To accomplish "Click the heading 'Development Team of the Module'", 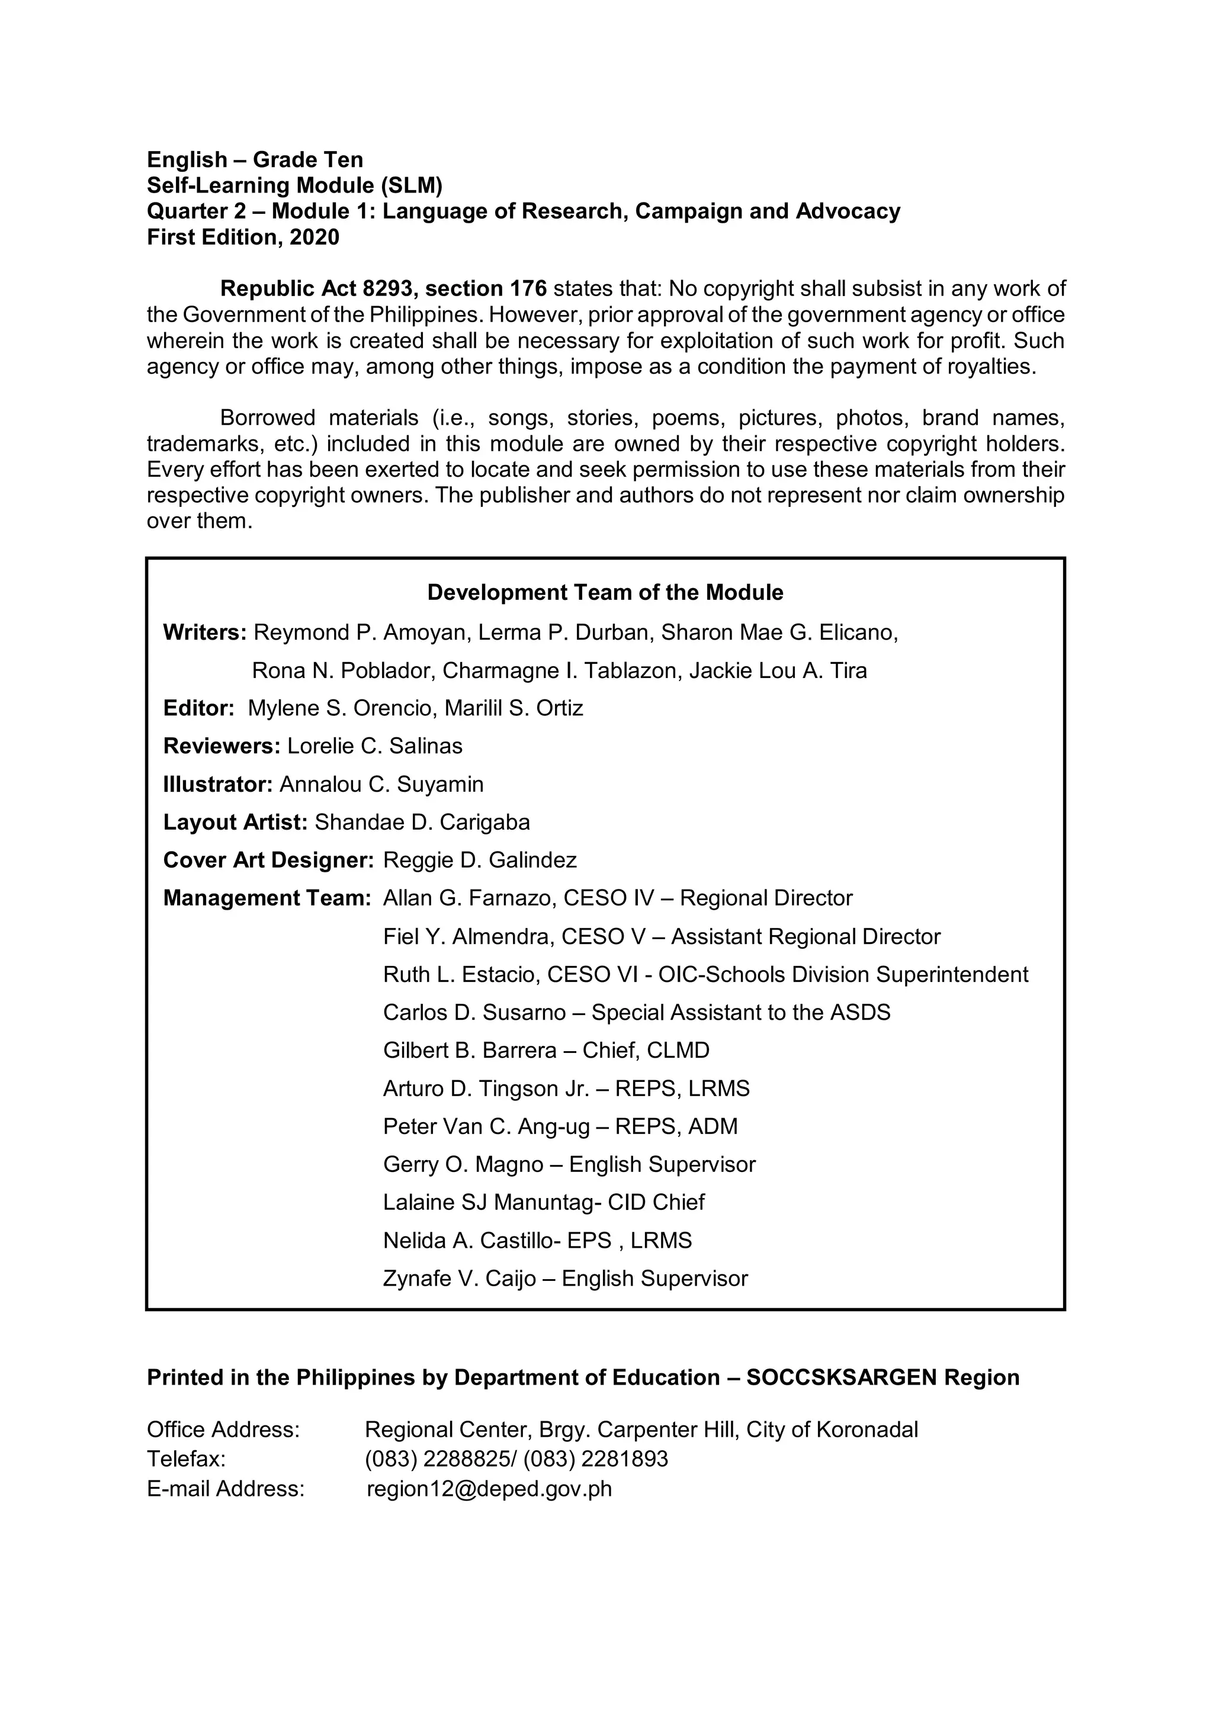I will click(605, 592).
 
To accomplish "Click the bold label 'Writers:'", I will click(205, 632).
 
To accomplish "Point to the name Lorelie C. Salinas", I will click(375, 746).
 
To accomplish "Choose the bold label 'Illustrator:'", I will click(218, 784).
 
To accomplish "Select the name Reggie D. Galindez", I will click(480, 860).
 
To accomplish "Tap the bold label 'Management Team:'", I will click(267, 898).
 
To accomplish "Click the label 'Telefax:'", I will click(186, 1459).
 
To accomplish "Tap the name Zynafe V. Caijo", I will click(458, 1278).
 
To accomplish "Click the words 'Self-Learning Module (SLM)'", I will click(294, 185).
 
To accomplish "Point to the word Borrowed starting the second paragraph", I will click(267, 417).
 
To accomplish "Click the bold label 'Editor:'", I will click(198, 708).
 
